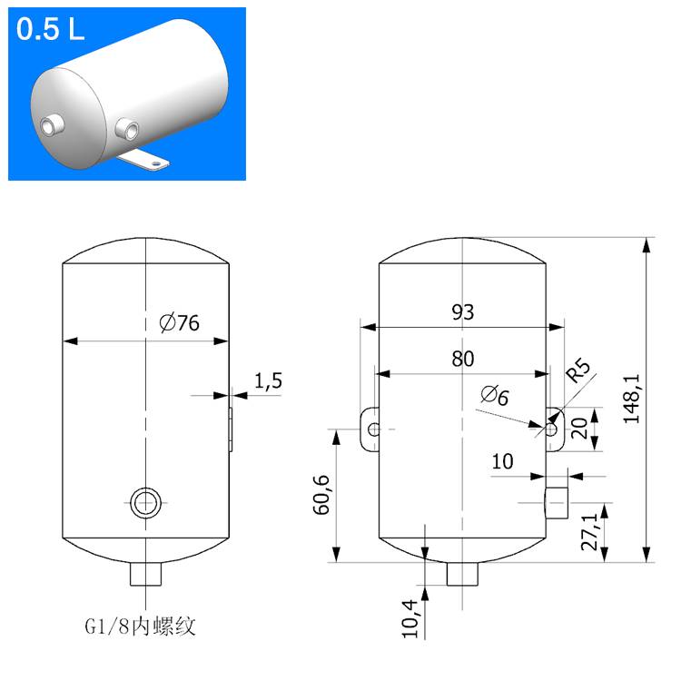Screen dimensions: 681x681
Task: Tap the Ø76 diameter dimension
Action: pyautogui.click(x=178, y=322)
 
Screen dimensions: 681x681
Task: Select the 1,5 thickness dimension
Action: pyautogui.click(x=268, y=381)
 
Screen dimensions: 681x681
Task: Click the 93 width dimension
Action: pyautogui.click(x=463, y=312)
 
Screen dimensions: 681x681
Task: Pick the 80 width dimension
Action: pyautogui.click(x=463, y=359)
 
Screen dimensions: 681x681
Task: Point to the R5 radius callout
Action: pyautogui.click(x=578, y=372)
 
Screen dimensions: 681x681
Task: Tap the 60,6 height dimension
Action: pyautogui.click(x=321, y=495)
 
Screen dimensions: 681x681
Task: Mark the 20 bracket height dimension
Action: pyautogui.click(x=578, y=428)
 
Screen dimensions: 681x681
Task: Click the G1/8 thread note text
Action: pyautogui.click(x=140, y=627)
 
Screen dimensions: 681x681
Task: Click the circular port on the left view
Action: pyautogui.click(x=144, y=501)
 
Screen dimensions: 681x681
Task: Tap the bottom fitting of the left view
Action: pyautogui.click(x=144, y=574)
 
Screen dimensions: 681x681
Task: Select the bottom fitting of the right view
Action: pyautogui.click(x=462, y=574)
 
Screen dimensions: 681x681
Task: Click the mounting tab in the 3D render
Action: pyautogui.click(x=146, y=161)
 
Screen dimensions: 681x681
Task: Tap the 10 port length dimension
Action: pyautogui.click(x=502, y=461)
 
